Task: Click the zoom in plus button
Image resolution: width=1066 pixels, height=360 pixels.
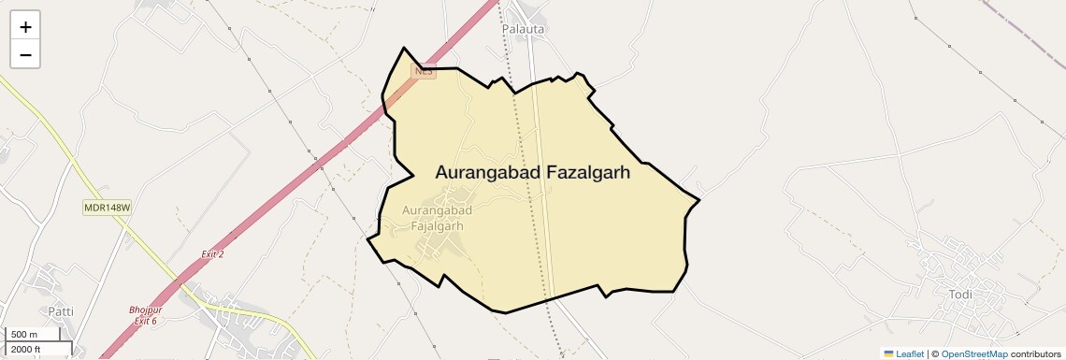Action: [25, 27]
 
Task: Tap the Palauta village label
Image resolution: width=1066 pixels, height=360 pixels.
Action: [524, 29]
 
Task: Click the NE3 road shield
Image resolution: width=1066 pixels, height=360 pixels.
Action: [425, 72]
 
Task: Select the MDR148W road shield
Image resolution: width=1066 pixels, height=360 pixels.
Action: [107, 208]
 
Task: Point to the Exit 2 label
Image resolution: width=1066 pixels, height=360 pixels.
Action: [212, 254]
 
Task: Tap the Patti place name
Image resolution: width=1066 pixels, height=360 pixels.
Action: [61, 310]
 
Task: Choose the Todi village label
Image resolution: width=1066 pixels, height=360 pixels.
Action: [960, 295]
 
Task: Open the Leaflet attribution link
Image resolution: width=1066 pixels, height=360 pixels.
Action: [910, 353]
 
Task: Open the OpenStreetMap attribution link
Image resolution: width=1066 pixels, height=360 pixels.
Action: [974, 353]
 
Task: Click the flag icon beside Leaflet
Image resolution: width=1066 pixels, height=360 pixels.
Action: [889, 353]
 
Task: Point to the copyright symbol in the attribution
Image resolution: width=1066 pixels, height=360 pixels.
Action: [936, 353]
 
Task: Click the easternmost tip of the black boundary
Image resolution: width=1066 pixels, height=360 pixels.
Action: [699, 199]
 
